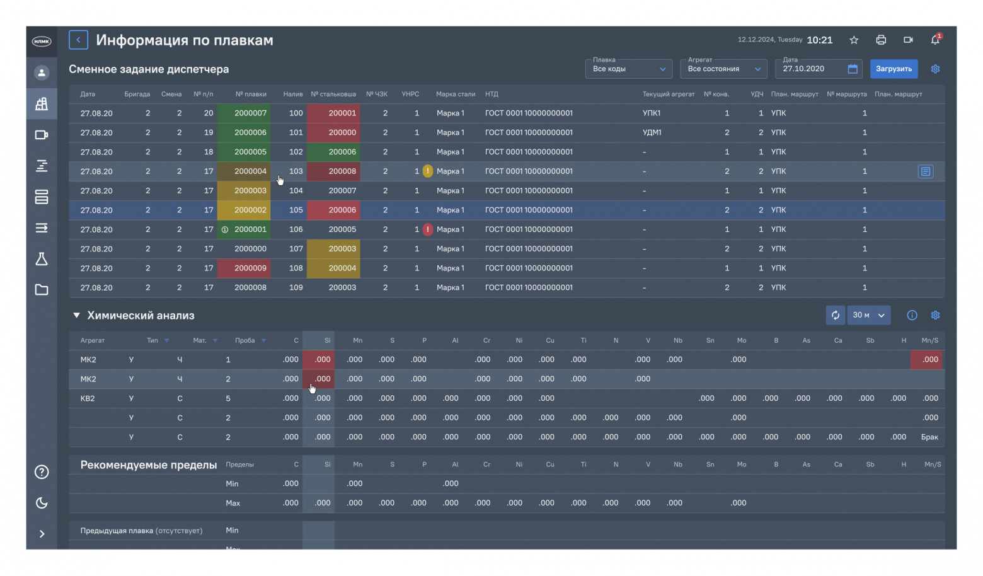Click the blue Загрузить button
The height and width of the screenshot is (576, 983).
(894, 69)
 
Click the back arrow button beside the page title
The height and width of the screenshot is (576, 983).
(78, 40)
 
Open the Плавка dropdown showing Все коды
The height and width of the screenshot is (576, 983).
(628, 69)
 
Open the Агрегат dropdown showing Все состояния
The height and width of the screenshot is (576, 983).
(724, 69)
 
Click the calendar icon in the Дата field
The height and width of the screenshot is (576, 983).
(853, 69)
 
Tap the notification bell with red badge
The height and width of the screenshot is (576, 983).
(935, 40)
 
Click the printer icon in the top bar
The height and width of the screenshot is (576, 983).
(881, 40)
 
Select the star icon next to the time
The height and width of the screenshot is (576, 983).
(854, 40)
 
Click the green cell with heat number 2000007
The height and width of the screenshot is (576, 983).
(244, 113)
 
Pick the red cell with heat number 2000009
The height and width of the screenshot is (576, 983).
(244, 268)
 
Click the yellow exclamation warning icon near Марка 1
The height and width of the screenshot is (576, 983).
(428, 171)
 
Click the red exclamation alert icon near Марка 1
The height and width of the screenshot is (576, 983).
(428, 229)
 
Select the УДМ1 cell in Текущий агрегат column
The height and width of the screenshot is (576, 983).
(652, 133)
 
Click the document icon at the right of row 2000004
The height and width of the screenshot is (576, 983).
(925, 171)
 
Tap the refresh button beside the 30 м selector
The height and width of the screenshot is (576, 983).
(836, 315)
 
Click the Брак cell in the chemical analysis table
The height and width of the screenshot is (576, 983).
(929, 437)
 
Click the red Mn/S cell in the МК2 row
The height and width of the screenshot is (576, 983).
(928, 360)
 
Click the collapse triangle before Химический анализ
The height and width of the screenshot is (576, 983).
(76, 315)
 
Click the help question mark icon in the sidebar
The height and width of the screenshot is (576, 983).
(42, 472)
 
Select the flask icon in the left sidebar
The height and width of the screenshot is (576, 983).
(42, 259)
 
